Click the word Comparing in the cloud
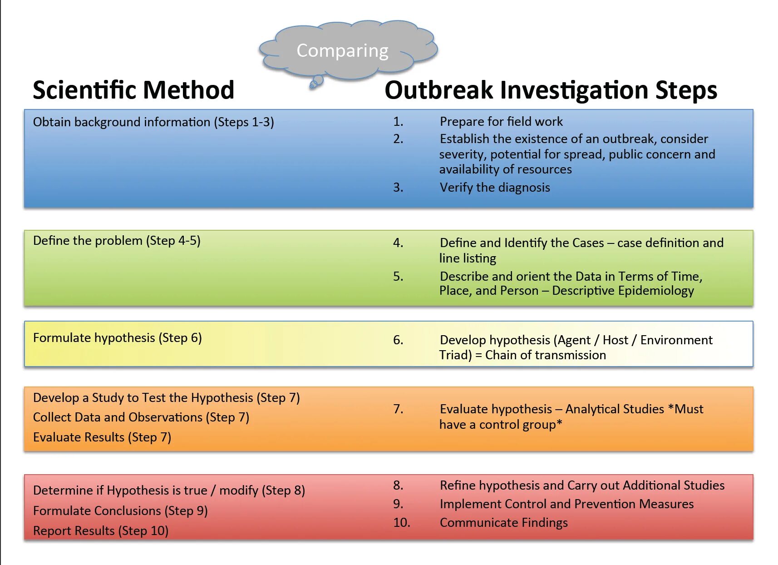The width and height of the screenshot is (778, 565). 342,51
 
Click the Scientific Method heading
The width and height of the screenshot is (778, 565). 133,90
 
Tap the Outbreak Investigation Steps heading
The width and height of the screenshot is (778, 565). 551,90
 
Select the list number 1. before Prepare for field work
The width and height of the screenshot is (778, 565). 398,122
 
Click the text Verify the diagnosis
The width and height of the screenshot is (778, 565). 494,188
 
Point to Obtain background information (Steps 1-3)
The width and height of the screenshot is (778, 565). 153,122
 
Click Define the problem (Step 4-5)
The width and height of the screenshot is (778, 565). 117,241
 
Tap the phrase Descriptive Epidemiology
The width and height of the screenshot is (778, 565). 623,291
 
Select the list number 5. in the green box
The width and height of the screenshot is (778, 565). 398,276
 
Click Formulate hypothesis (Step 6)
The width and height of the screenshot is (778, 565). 117,338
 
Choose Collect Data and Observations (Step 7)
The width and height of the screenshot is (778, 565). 141,417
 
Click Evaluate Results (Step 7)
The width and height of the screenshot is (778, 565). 102,437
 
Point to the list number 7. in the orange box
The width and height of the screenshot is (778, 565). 398,409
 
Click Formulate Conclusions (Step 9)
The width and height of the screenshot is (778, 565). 120,511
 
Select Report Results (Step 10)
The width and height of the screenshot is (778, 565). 100,531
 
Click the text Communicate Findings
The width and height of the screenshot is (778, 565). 503,523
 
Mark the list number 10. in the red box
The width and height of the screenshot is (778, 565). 401,523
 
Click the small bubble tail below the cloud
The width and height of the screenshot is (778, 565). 316,82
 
